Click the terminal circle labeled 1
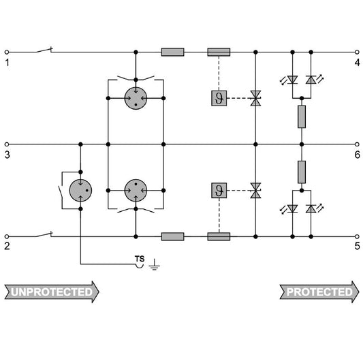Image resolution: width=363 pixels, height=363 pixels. tap(7, 52)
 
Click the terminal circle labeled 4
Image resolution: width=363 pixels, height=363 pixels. tap(357, 52)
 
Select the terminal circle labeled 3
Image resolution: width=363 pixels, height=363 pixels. tap(7, 144)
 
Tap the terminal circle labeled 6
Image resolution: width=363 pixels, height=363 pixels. tap(357, 144)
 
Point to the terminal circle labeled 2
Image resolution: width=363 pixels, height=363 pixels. tap(7, 236)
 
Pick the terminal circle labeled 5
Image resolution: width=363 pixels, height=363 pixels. tap(357, 236)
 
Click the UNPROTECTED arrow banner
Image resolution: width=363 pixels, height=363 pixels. tap(52, 292)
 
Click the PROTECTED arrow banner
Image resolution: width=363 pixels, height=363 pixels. tap(319, 292)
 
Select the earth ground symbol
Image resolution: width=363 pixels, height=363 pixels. tap(154, 265)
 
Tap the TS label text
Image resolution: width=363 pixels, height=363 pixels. tap(140, 259)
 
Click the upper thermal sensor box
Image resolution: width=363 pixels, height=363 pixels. tap(219, 98)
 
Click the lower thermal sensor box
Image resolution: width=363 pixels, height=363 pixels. tap(219, 190)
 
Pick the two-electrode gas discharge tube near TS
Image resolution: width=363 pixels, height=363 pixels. tap(80, 190)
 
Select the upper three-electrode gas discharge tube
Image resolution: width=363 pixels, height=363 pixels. tap(136, 98)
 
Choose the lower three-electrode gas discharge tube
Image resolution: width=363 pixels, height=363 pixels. tap(136, 190)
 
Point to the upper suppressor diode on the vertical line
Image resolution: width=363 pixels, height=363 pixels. tap(255, 98)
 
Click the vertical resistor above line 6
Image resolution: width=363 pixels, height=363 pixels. tap(302, 116)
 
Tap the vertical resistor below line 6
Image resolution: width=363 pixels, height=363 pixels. tap(302, 172)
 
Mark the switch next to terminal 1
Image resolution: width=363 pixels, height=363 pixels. tap(44, 50)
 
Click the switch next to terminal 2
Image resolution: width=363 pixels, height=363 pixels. tap(44, 234)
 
